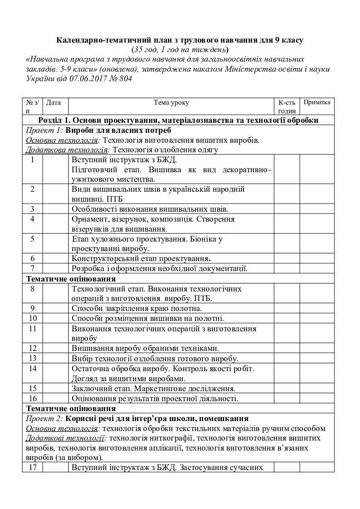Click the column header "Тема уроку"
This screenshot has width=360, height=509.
tap(171, 102)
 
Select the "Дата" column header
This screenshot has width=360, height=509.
tap(54, 102)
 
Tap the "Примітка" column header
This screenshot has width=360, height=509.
tap(317, 102)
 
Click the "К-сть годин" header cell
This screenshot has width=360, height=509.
tap(287, 107)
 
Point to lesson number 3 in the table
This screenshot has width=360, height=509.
tap(33, 209)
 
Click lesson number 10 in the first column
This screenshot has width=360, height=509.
tap(33, 318)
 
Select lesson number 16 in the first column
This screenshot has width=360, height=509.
tap(33, 398)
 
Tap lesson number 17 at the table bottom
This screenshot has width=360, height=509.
tap(33, 467)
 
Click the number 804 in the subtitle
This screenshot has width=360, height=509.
tap(124, 78)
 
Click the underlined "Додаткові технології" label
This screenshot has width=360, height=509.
tap(66, 438)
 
